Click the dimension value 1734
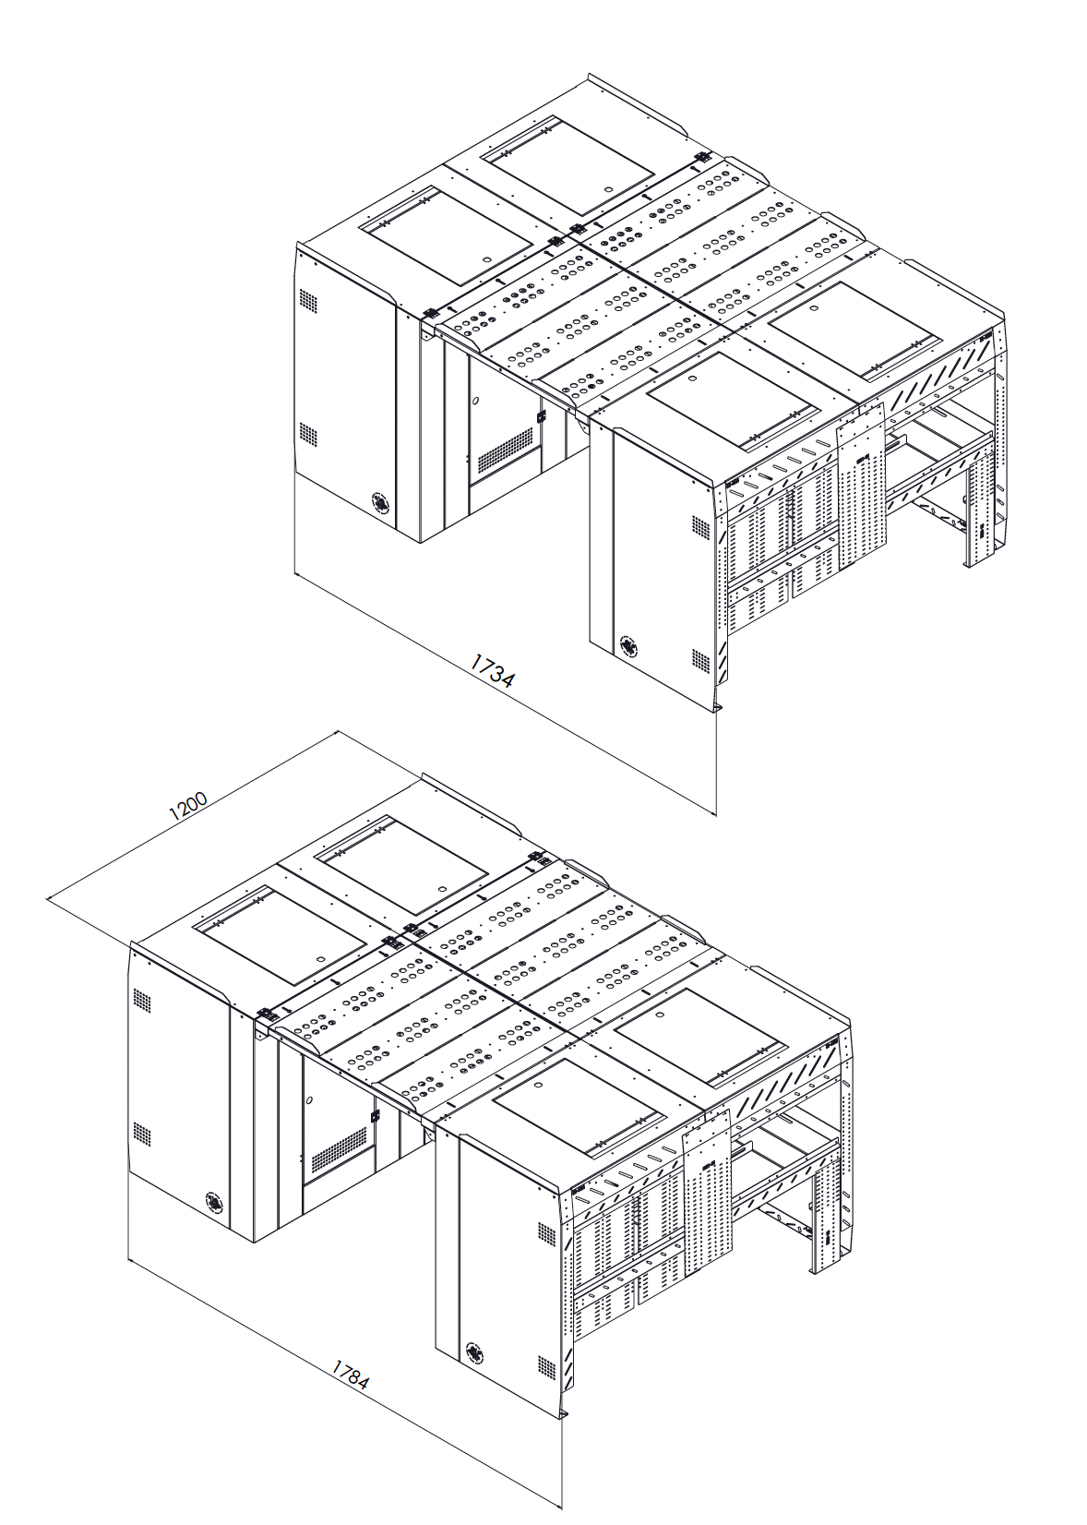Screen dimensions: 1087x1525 point(493,671)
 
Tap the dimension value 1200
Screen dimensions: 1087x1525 point(188,806)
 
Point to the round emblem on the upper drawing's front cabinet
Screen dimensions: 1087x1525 point(628,644)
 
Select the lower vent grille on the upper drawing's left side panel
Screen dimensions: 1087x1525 point(306,432)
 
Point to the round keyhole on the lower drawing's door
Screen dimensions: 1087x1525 point(311,1101)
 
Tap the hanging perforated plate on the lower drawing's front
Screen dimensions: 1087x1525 point(707,1183)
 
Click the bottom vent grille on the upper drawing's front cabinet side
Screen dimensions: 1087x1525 point(699,662)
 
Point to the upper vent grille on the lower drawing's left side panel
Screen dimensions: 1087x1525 point(141,999)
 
